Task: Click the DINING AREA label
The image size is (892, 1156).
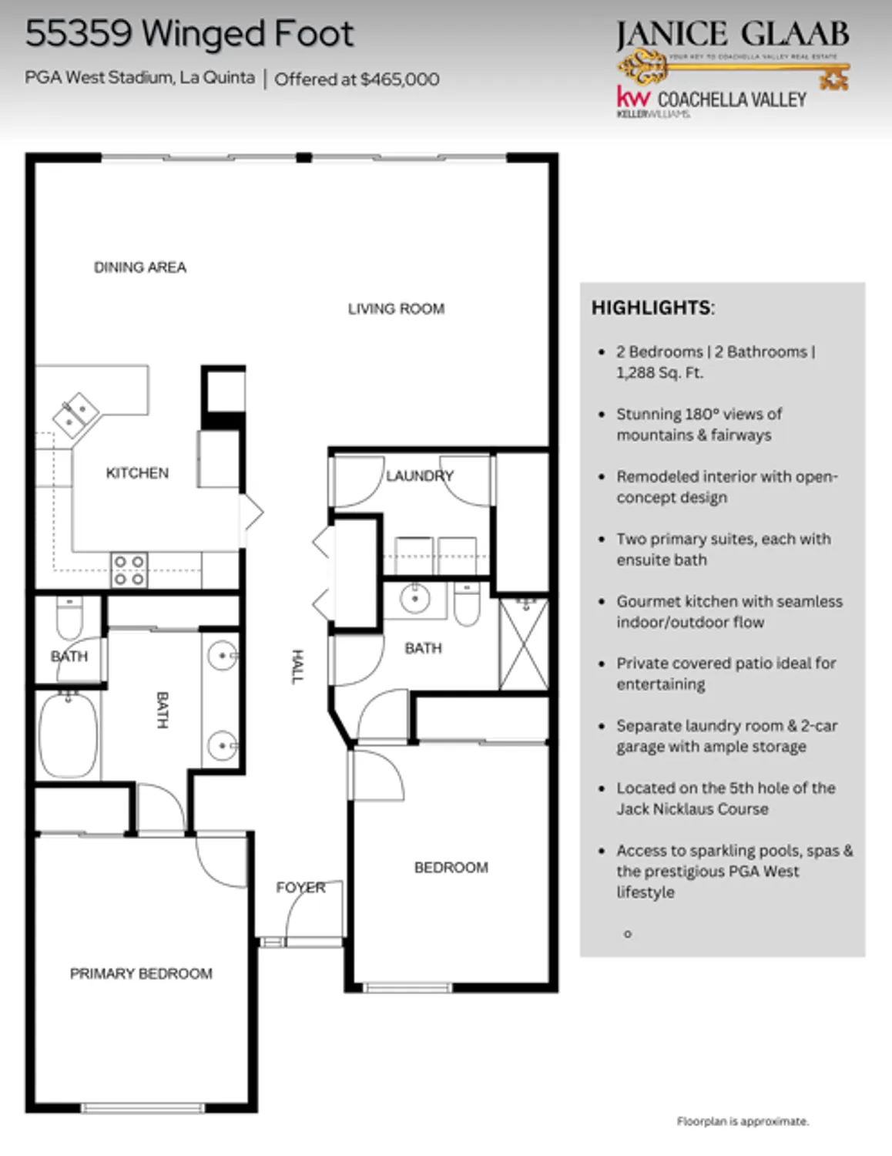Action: coord(140,267)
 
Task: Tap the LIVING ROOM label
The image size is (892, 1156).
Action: coord(396,309)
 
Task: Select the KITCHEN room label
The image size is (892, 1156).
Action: coord(137,473)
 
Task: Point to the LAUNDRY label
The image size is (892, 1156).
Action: coord(419,476)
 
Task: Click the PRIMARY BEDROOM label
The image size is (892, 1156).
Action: coord(141,973)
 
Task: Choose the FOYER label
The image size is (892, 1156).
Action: coord(300,888)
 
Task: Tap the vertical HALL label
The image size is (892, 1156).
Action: coord(297,666)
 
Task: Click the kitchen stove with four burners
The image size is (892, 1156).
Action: coord(129,570)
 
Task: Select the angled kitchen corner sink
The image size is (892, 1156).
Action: coord(75,414)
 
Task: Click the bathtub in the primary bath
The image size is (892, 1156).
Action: coord(69,735)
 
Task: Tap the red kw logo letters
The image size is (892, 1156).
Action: coord(633,97)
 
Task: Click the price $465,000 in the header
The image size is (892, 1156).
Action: coord(400,79)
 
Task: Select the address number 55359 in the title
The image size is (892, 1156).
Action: coord(79,34)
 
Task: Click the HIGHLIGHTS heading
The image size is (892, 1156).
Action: coord(652,307)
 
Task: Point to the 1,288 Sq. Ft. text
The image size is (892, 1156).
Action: coord(659,373)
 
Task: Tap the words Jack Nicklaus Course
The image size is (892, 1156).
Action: coord(692,809)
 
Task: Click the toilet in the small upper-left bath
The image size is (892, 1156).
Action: coord(69,618)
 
